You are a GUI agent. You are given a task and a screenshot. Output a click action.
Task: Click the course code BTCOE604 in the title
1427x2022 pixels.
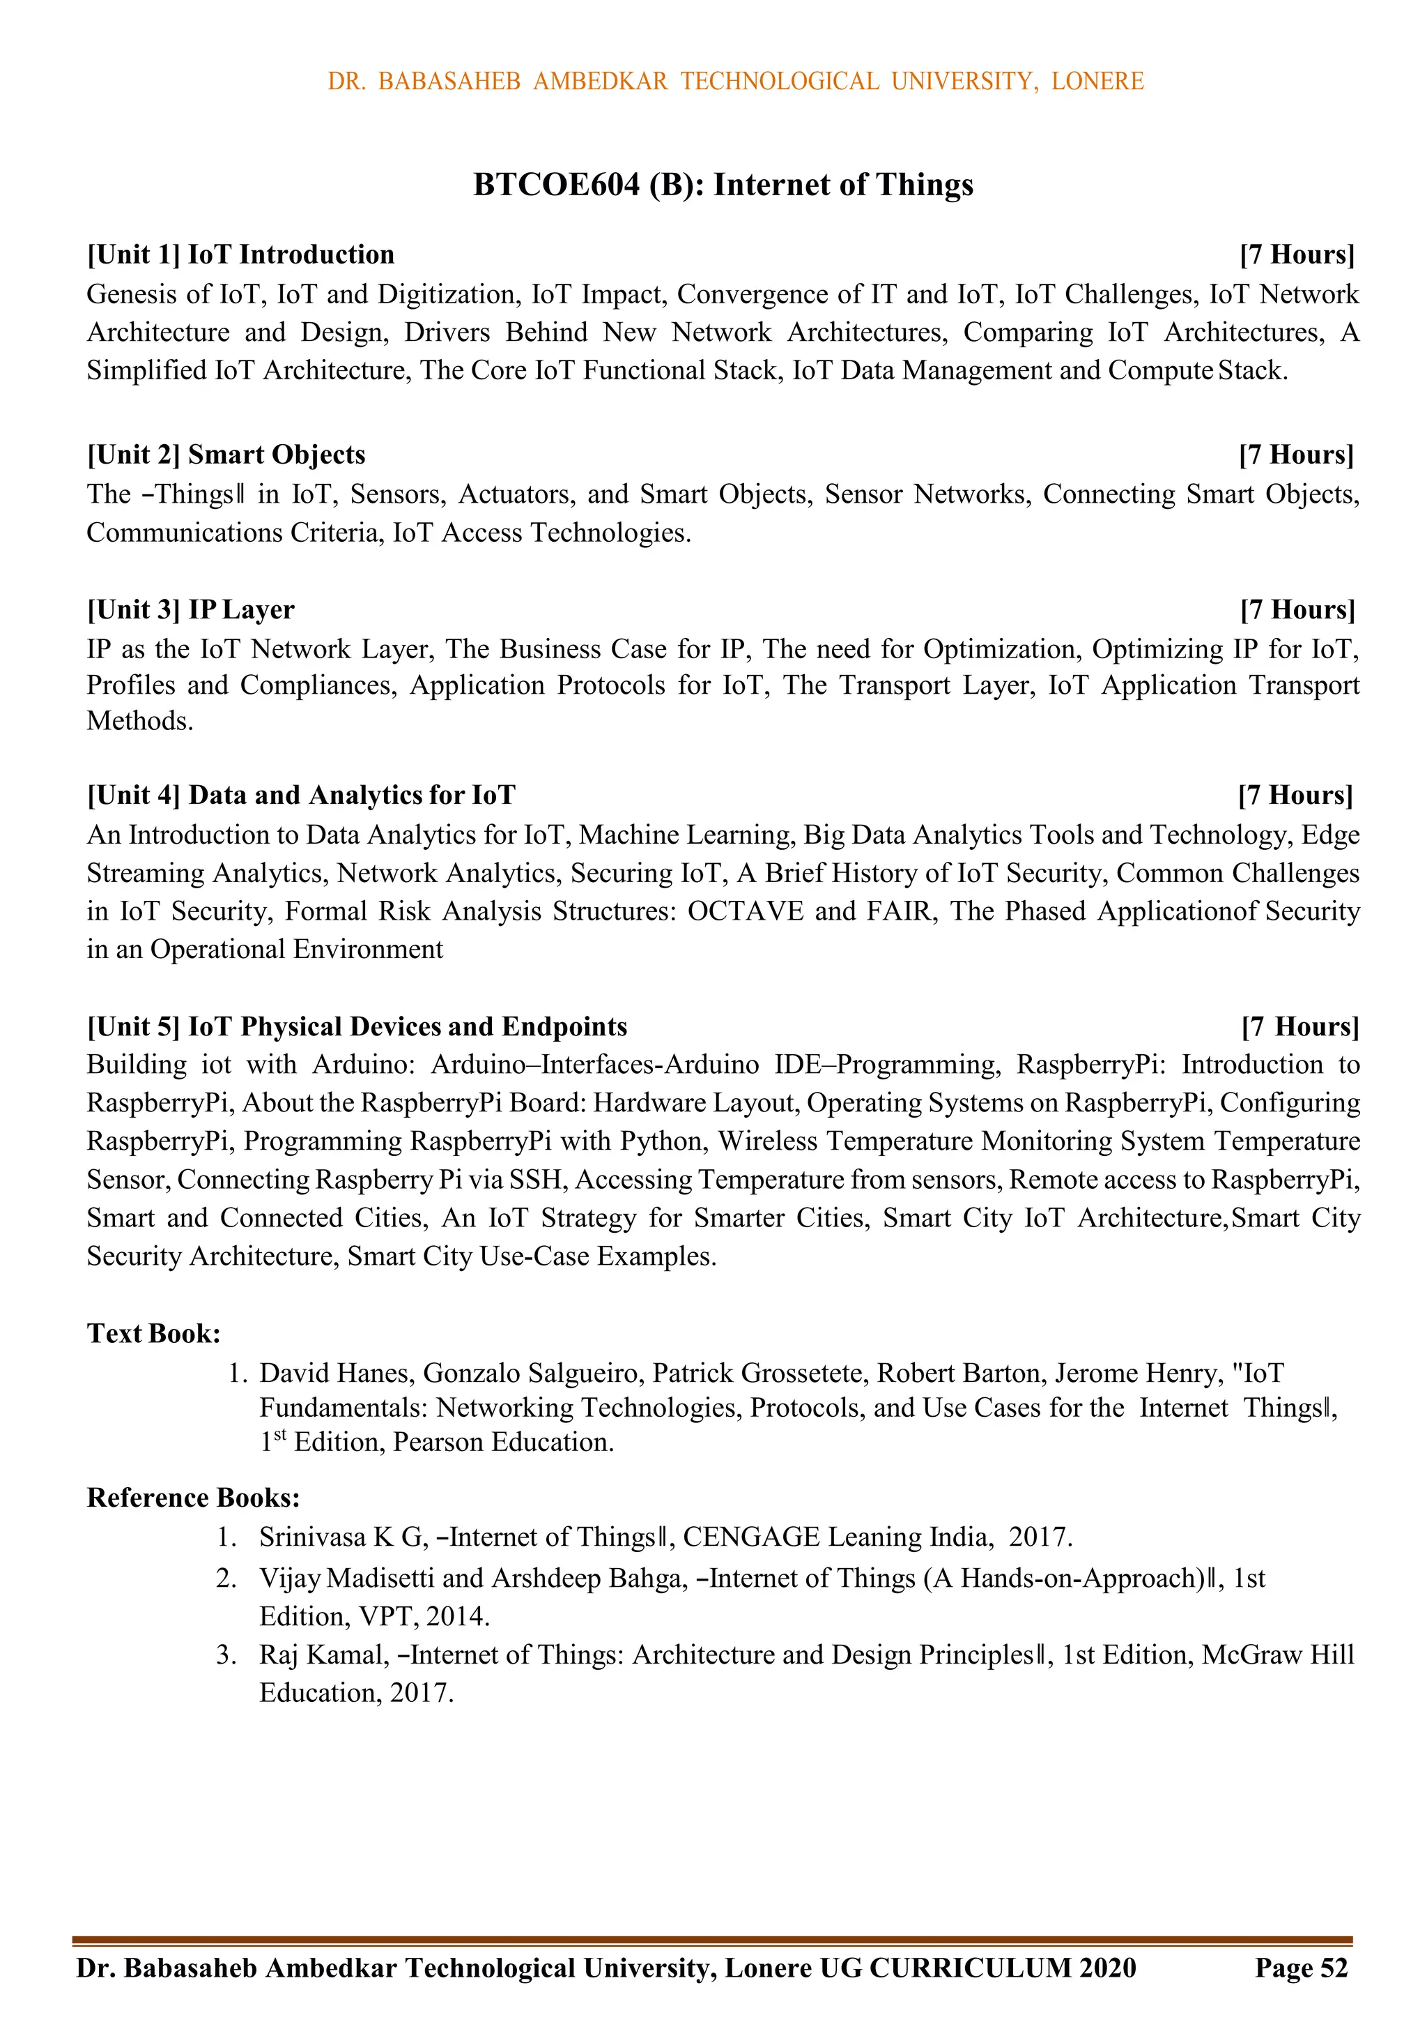pyautogui.click(x=556, y=185)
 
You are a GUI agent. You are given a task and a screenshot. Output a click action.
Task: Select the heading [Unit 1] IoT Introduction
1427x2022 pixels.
pyautogui.click(x=240, y=254)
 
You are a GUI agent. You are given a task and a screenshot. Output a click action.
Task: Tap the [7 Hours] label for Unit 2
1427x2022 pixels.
pyautogui.click(x=1296, y=455)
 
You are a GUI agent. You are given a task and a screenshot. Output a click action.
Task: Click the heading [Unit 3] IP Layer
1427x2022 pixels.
pyautogui.click(x=190, y=609)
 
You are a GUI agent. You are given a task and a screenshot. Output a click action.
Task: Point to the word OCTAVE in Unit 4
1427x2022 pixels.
pyautogui.click(x=745, y=911)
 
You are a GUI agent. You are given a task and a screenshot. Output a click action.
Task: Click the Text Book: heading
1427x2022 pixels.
pyautogui.click(x=153, y=1333)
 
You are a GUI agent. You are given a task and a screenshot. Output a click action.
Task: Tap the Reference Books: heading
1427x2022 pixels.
pyautogui.click(x=194, y=1498)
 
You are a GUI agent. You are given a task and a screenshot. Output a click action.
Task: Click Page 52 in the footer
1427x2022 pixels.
pyautogui.click(x=1300, y=1968)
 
